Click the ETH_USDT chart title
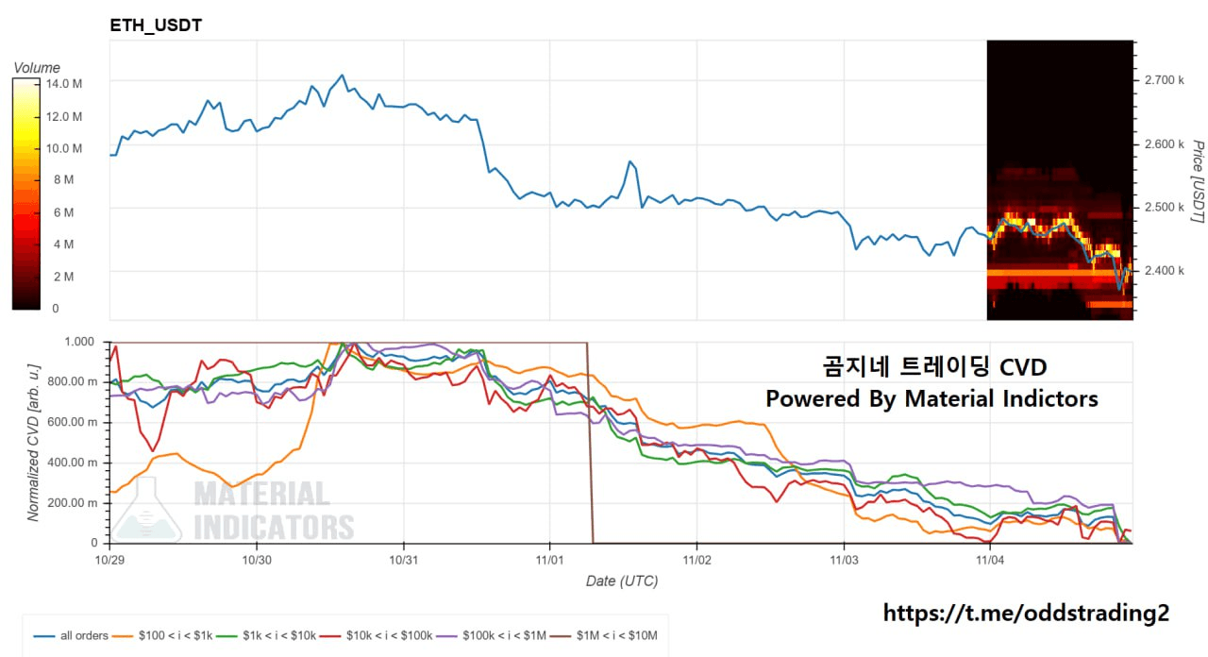tap(156, 25)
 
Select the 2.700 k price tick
tap(1164, 80)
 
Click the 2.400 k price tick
tap(1164, 271)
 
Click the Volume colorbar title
tap(37, 68)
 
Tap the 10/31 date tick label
tap(403, 560)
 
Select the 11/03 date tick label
tap(844, 560)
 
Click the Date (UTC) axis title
tap(621, 581)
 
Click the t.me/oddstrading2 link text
tap(1026, 613)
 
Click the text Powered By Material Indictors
tap(931, 398)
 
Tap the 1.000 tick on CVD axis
tap(84, 342)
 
